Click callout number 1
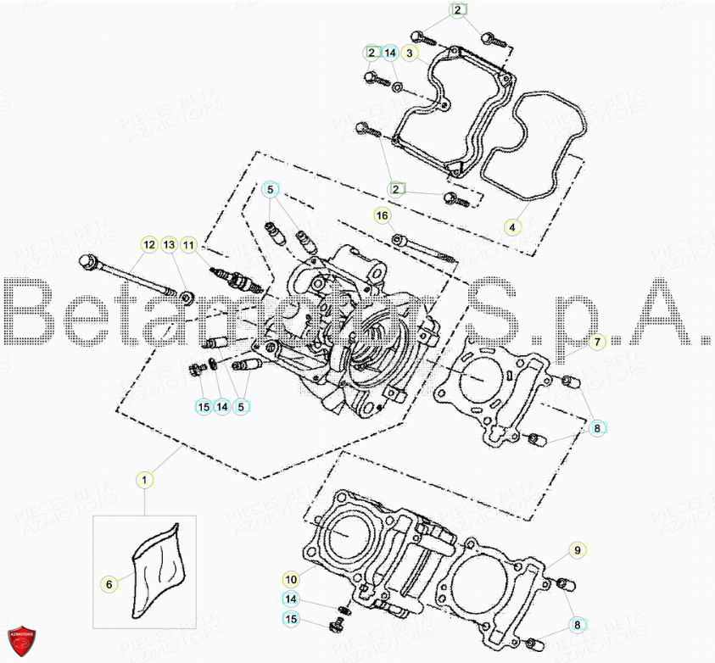click(x=144, y=480)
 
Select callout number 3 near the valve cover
click(x=411, y=53)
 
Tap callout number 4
click(x=512, y=227)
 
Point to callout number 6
click(x=109, y=583)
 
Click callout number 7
click(x=596, y=343)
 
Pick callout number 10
click(x=291, y=580)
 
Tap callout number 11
click(x=188, y=245)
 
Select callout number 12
click(x=148, y=245)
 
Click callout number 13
click(x=169, y=245)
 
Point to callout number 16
click(x=383, y=216)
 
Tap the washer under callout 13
click(x=187, y=297)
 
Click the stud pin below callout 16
click(x=424, y=248)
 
